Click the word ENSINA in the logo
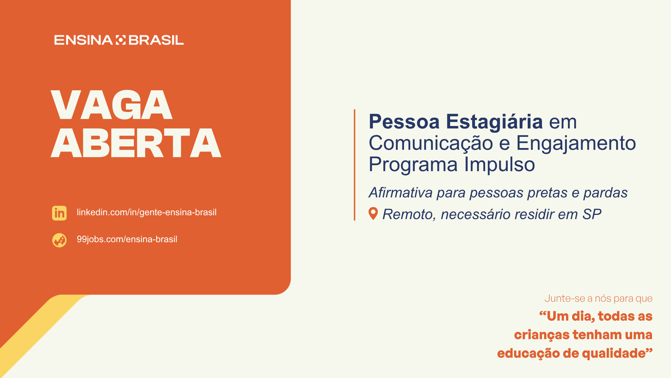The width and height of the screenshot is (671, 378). [x=83, y=40]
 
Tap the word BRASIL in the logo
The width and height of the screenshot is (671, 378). [x=156, y=40]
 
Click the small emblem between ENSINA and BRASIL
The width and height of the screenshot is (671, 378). [x=121, y=40]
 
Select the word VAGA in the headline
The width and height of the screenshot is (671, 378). [x=112, y=105]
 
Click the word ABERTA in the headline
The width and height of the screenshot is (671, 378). [x=136, y=143]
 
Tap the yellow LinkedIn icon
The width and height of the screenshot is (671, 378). [x=59, y=213]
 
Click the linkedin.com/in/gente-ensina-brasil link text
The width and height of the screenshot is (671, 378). [x=146, y=212]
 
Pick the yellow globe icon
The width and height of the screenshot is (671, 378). [x=59, y=240]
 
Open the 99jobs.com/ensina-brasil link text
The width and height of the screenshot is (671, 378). [x=127, y=239]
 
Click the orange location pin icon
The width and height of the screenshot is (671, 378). [x=373, y=213]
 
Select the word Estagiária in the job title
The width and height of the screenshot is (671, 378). [x=495, y=122]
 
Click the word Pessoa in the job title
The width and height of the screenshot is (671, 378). [x=404, y=122]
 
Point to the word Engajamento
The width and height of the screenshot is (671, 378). [x=576, y=143]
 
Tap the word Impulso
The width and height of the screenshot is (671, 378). [x=499, y=164]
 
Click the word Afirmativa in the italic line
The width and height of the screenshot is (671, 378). [x=401, y=192]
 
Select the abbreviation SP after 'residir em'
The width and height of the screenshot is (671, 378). [x=592, y=214]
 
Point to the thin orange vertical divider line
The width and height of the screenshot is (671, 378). [x=355, y=165]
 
